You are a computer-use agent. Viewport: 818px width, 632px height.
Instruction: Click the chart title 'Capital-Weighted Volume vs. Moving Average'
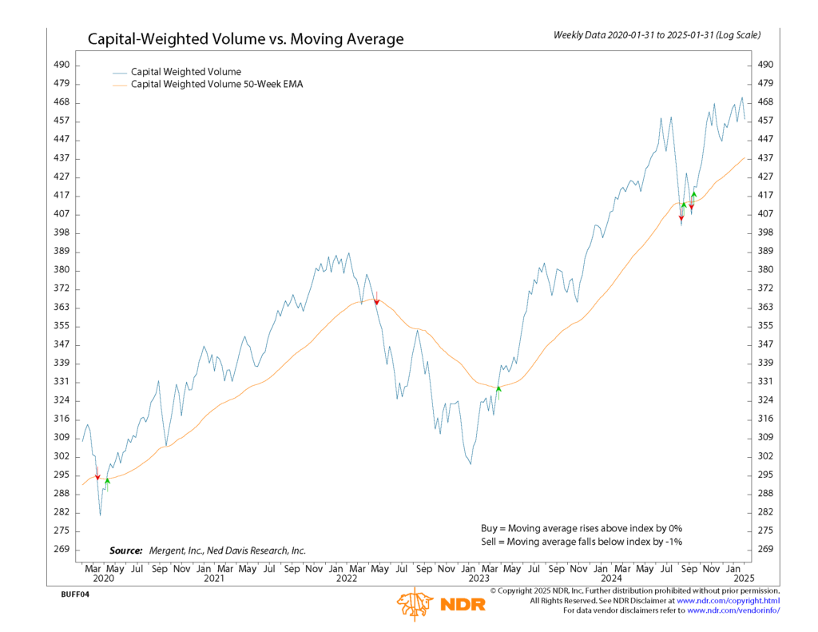tap(245, 39)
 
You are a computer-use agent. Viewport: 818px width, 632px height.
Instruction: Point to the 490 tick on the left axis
tap(62, 65)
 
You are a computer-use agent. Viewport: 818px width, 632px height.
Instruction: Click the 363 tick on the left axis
tap(62, 308)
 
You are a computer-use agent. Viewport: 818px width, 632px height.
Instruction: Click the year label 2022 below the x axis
tap(347, 578)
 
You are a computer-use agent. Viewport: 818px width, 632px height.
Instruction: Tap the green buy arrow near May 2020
tap(107, 481)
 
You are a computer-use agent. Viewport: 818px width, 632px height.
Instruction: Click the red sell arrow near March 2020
tap(97, 476)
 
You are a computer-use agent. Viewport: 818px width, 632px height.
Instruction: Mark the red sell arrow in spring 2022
tap(376, 301)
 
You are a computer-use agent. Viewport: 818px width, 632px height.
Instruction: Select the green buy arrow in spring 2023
tap(498, 389)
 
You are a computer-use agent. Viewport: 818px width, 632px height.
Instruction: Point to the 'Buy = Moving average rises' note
tap(581, 528)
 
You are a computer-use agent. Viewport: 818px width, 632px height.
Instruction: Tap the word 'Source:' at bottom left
tap(125, 551)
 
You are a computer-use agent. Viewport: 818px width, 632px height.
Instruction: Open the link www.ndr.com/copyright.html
tap(728, 600)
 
